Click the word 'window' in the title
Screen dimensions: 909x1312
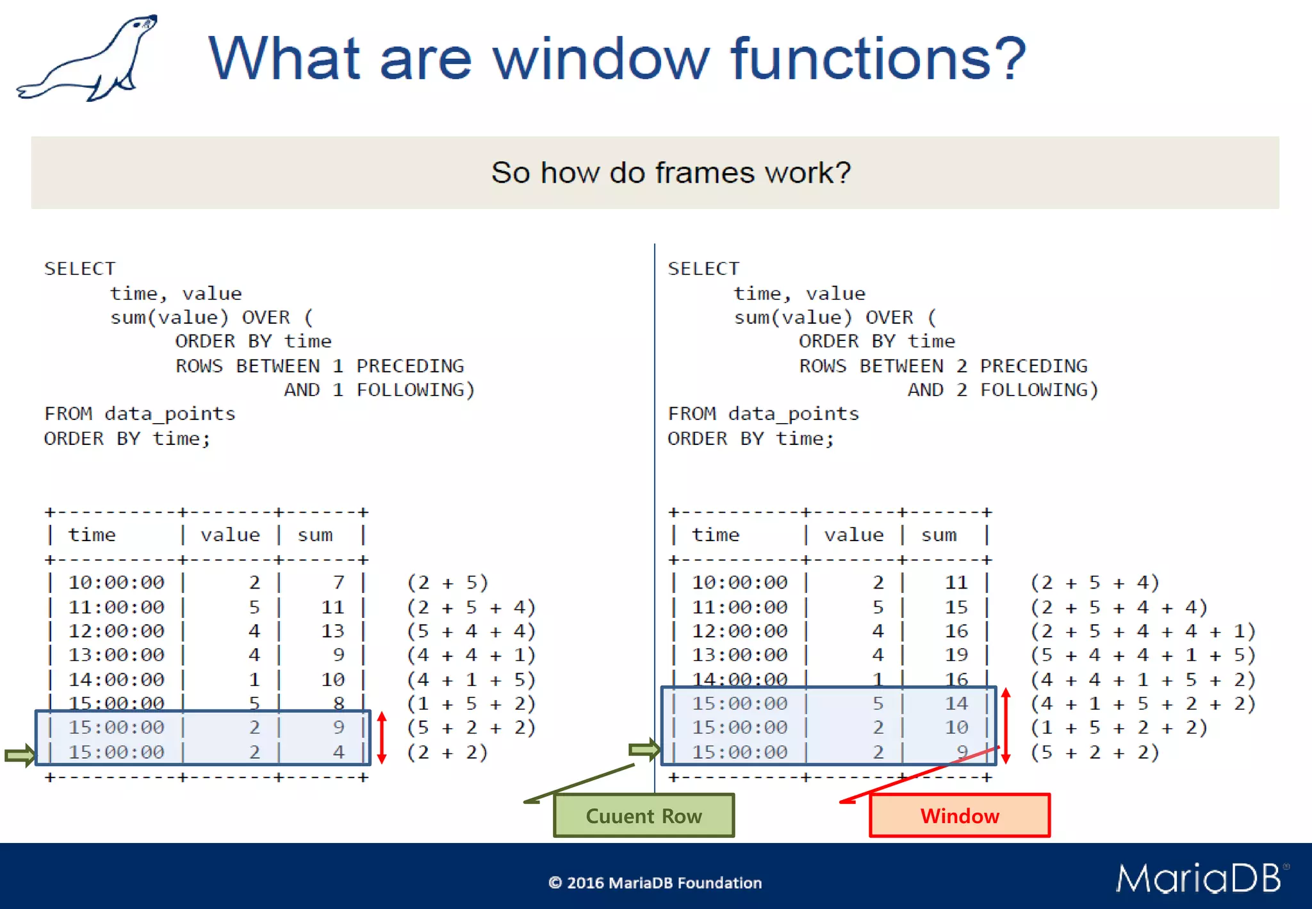click(600, 59)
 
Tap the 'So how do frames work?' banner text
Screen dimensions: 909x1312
click(671, 172)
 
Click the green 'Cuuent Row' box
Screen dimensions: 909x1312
click(644, 815)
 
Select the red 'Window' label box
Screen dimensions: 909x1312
click(959, 815)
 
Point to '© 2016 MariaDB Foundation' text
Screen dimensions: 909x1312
click(655, 883)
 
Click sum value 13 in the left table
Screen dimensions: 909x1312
click(332, 631)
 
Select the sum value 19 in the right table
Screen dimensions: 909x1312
click(956, 655)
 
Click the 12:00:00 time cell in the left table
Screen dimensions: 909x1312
click(117, 631)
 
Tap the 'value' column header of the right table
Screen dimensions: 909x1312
click(853, 535)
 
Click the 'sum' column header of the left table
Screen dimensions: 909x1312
click(315, 535)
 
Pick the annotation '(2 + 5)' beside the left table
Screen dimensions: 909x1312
click(448, 582)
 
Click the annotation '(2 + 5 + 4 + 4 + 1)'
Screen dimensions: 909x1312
click(1143, 631)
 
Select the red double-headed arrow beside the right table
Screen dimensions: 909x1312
click(1006, 726)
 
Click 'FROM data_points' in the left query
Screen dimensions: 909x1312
click(140, 413)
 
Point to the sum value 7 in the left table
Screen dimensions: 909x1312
click(338, 582)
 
